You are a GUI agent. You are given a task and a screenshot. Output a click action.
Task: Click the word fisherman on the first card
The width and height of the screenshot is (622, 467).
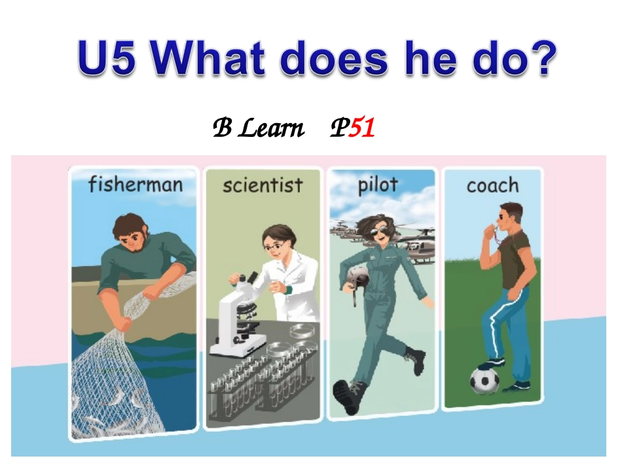(135, 184)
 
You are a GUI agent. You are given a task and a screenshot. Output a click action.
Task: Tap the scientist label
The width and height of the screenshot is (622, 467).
(263, 185)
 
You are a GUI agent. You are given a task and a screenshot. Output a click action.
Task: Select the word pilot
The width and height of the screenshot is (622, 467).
(378, 185)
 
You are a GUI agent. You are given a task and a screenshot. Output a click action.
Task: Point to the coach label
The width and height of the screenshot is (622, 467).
(492, 186)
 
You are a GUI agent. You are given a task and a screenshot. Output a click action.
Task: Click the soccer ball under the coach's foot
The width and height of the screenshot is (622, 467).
(485, 381)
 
